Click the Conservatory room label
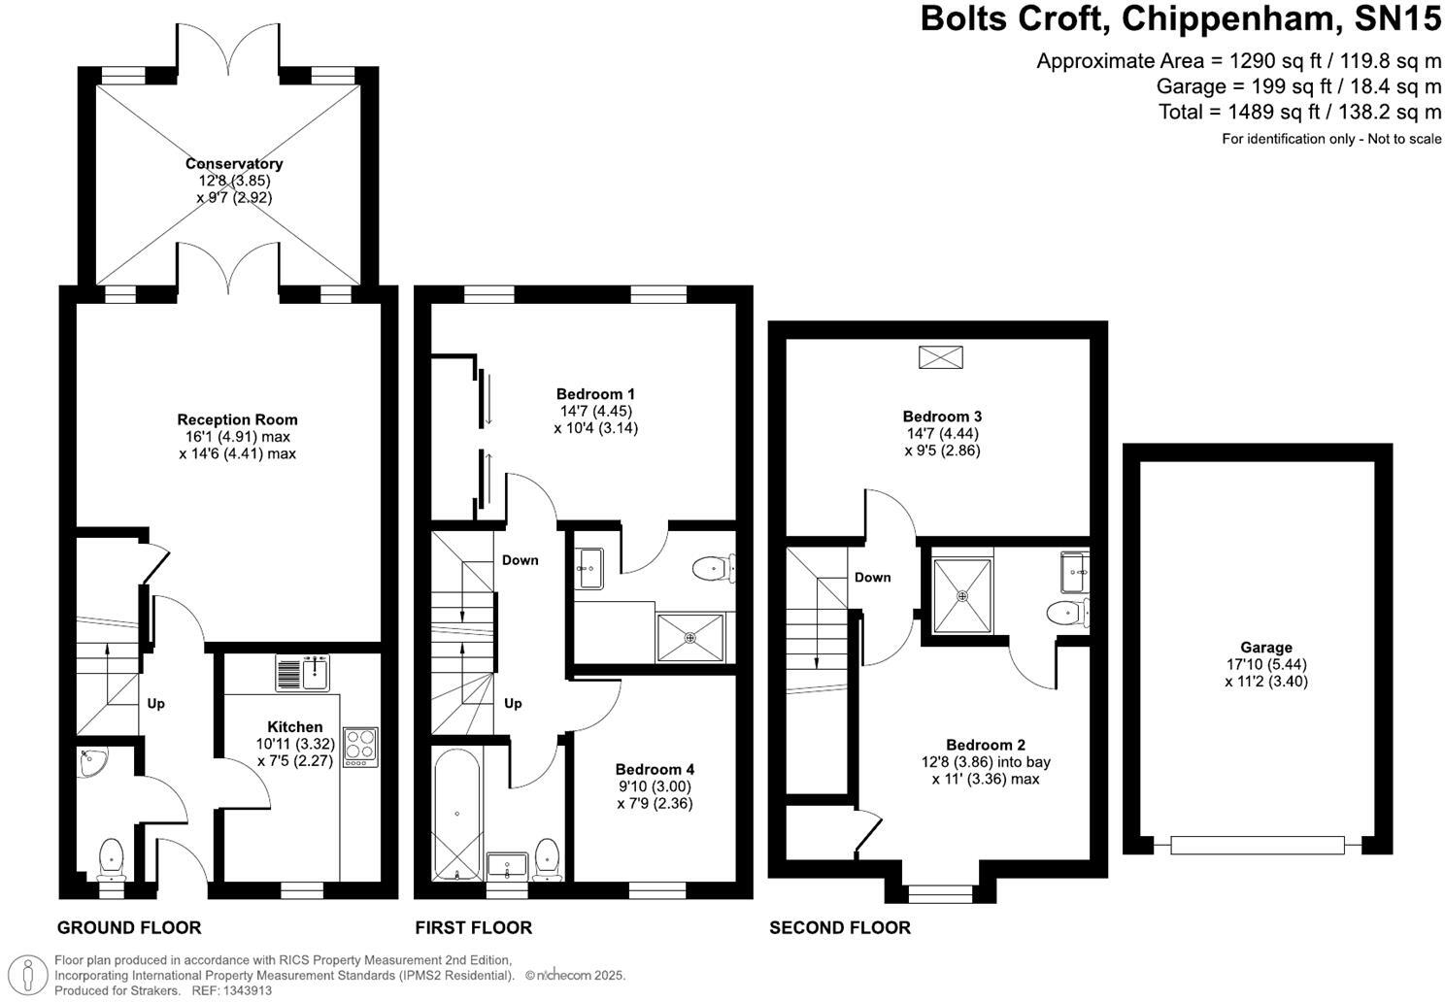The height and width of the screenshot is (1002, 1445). point(234,164)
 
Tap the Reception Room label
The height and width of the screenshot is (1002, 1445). point(237,419)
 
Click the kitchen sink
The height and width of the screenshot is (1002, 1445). point(305,672)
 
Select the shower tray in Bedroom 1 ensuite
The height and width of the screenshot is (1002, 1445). point(689,638)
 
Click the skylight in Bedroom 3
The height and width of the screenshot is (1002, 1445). point(940,357)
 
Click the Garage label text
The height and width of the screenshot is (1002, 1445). point(1266,648)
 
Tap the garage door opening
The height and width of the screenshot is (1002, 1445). point(1259,845)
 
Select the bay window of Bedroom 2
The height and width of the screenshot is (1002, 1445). point(940,886)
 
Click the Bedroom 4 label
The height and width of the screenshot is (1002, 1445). point(655,769)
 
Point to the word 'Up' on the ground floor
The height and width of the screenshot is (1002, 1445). point(156,703)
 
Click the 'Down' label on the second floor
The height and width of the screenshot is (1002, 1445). point(872,577)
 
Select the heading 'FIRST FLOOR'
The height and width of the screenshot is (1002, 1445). point(473,927)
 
